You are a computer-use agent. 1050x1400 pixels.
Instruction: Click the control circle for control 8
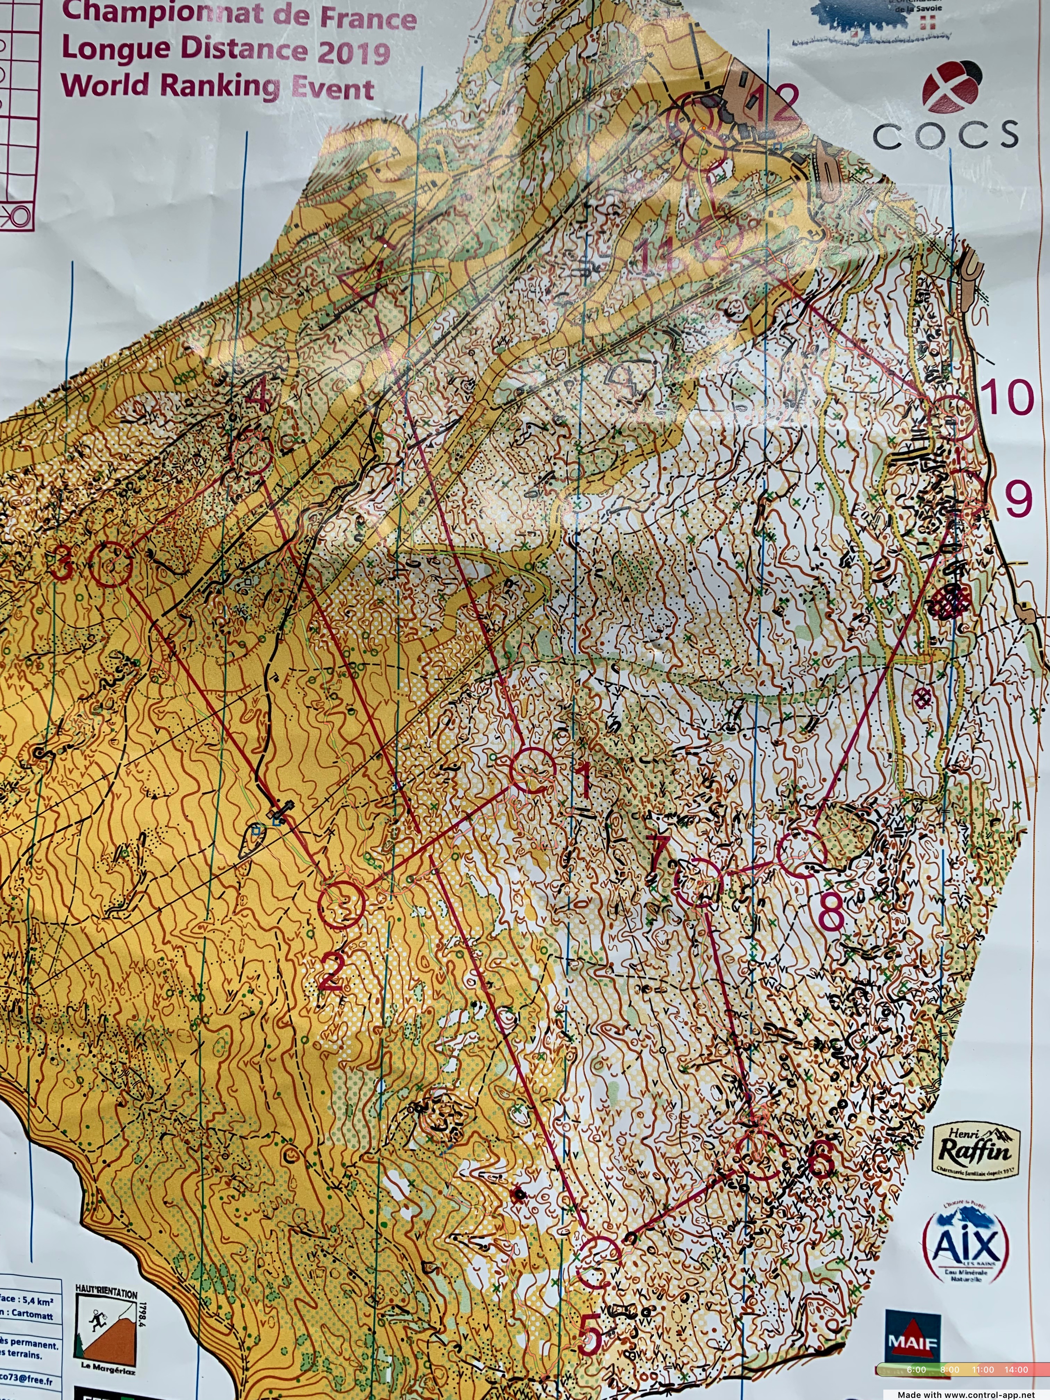(802, 856)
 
